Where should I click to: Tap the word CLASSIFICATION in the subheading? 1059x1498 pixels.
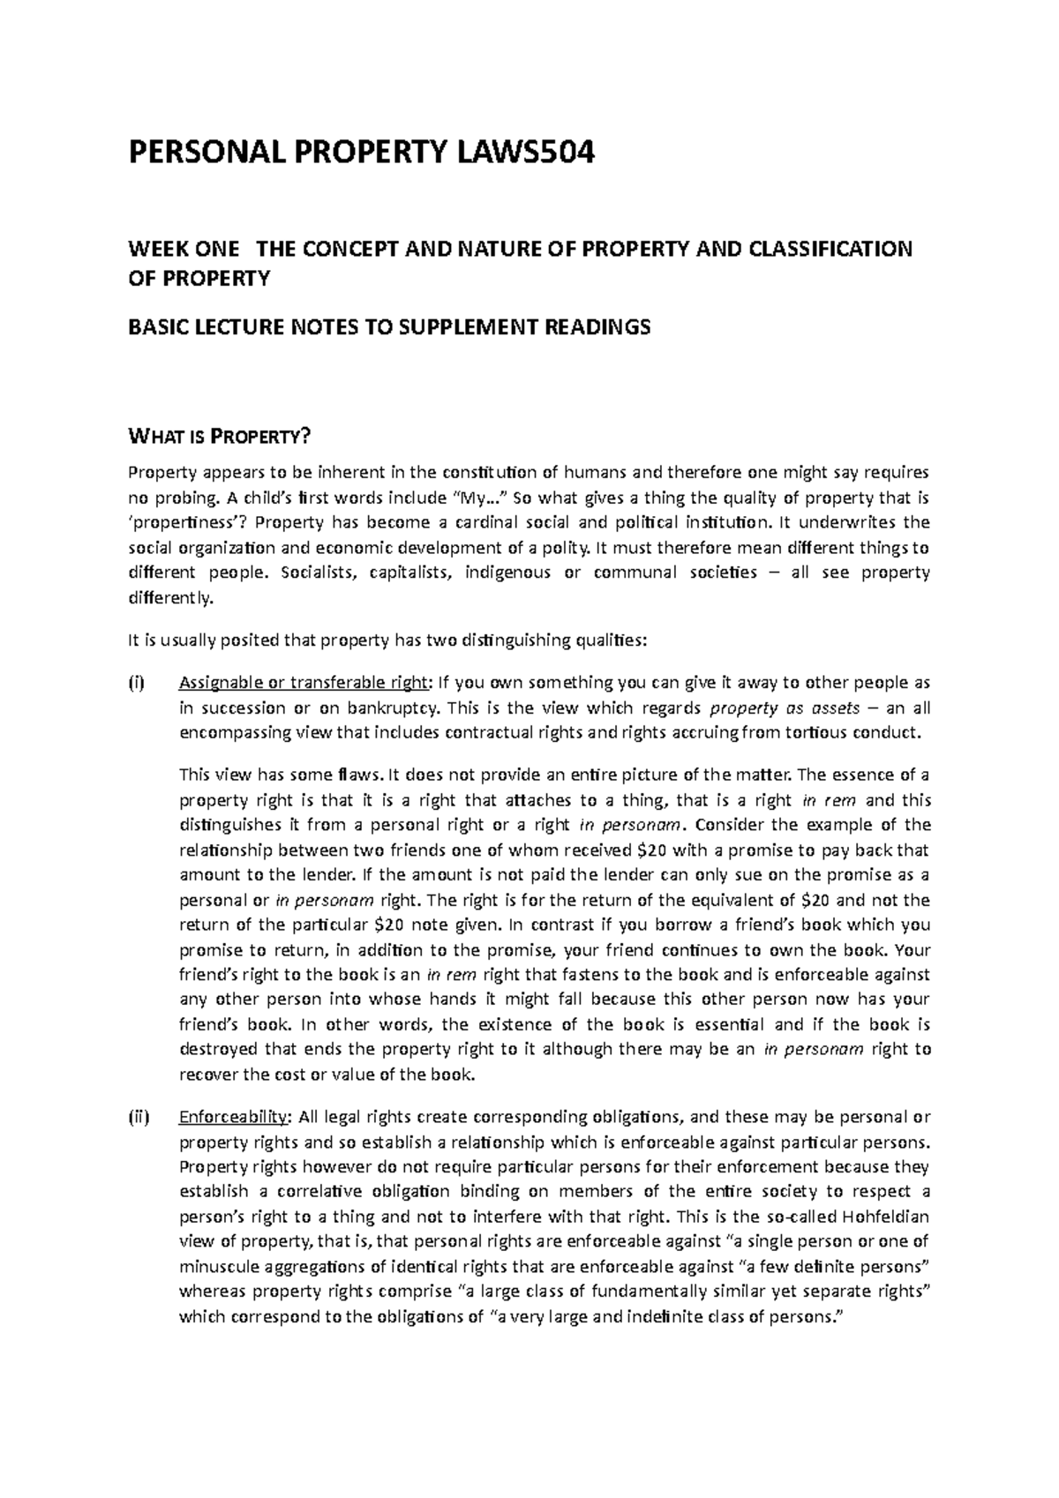point(830,249)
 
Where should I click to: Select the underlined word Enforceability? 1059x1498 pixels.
point(234,1118)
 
